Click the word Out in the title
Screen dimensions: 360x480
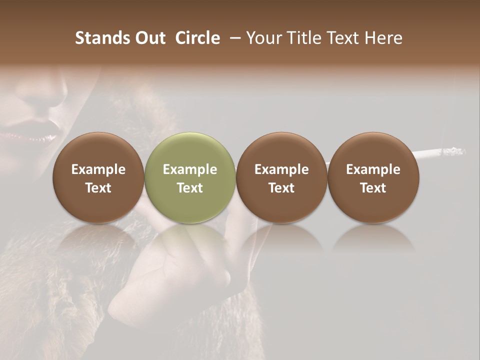click(x=149, y=38)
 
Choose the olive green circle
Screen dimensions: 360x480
click(x=190, y=177)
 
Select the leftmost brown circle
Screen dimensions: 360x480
click(x=98, y=177)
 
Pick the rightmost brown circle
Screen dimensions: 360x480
click(x=373, y=177)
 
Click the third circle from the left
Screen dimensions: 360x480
click(x=281, y=177)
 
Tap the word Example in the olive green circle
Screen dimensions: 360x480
click(x=190, y=169)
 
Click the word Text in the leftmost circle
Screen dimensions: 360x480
click(x=98, y=188)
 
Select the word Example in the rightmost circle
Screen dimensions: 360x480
click(x=373, y=169)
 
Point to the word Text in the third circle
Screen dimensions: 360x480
click(x=281, y=188)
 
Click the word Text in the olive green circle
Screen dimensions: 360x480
click(x=190, y=188)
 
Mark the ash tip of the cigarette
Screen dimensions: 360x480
click(x=456, y=150)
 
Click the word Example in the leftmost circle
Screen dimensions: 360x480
click(x=98, y=169)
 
